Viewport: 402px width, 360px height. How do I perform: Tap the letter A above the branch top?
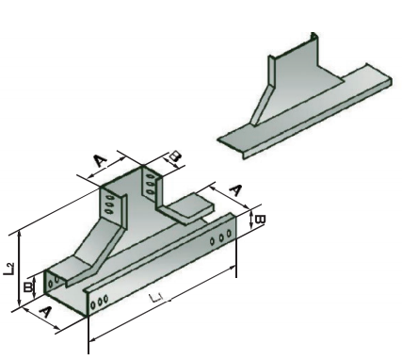coord(101,161)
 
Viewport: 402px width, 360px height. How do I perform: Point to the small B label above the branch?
coord(175,156)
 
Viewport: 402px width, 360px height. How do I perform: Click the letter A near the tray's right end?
coord(235,190)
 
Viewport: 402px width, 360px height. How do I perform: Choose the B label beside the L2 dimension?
coord(28,287)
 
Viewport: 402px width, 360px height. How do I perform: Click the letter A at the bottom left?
coord(46,312)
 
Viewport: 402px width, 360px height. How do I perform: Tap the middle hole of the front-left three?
coord(100,302)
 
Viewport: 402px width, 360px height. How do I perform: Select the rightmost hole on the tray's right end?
coord(229,234)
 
